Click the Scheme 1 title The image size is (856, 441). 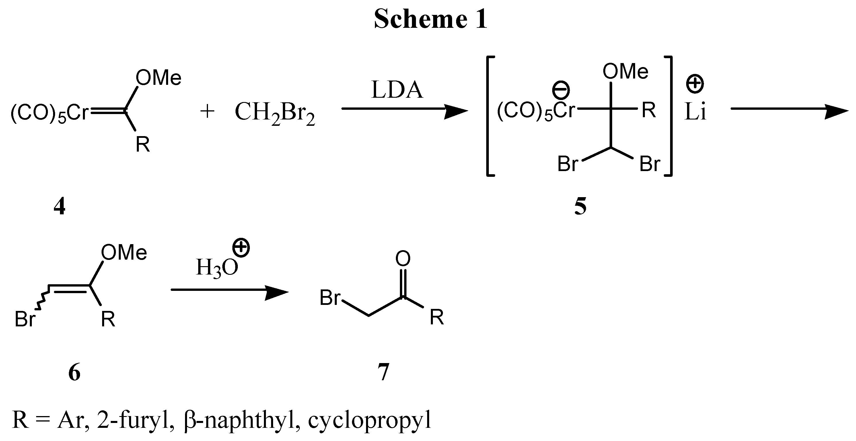(x=431, y=19)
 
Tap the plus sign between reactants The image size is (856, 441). (x=207, y=111)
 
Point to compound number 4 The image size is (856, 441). (x=59, y=206)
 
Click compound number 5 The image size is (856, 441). (x=580, y=206)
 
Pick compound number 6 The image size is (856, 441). (x=74, y=372)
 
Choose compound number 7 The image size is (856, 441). (x=384, y=372)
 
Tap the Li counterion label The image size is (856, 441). (x=695, y=112)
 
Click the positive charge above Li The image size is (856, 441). (x=695, y=84)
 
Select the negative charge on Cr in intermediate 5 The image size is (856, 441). (x=561, y=90)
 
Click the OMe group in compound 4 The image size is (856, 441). (x=159, y=78)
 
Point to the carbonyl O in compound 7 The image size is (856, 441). (x=403, y=258)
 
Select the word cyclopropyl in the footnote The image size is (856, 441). (x=369, y=420)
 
